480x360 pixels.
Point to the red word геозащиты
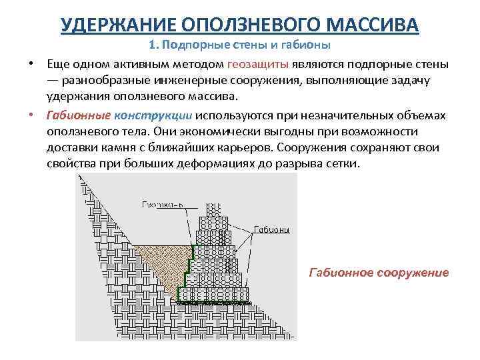click(x=258, y=65)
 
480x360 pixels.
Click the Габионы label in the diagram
click(x=271, y=230)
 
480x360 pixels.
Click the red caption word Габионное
click(x=340, y=273)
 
